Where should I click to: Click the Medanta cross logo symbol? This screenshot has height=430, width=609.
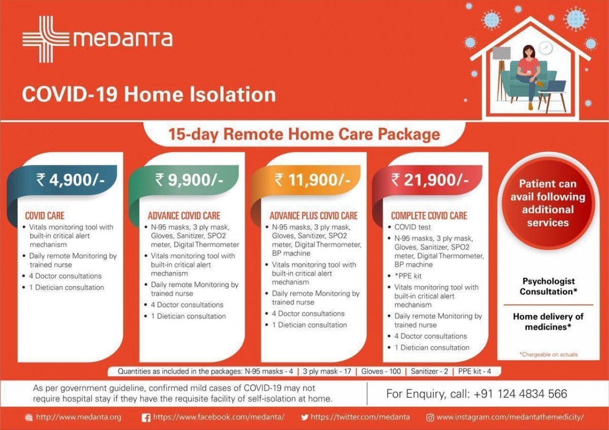click(46, 40)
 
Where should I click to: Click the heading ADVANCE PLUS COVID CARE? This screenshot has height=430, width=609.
click(314, 216)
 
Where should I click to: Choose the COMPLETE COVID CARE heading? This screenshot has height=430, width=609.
click(429, 216)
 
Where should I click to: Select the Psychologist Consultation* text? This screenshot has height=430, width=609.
click(548, 286)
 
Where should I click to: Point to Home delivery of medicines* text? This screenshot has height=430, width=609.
click(548, 321)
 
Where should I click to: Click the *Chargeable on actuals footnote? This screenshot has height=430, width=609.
click(549, 354)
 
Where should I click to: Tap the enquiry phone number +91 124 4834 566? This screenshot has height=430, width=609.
click(520, 393)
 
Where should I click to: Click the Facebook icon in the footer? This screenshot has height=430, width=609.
click(146, 417)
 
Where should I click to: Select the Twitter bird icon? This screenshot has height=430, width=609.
click(305, 417)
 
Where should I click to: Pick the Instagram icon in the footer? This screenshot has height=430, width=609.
click(430, 417)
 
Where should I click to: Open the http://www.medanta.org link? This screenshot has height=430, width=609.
click(79, 417)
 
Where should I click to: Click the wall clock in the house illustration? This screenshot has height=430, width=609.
click(546, 48)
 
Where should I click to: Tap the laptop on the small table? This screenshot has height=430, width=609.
click(555, 86)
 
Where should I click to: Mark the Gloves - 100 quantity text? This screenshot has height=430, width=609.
click(381, 371)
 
